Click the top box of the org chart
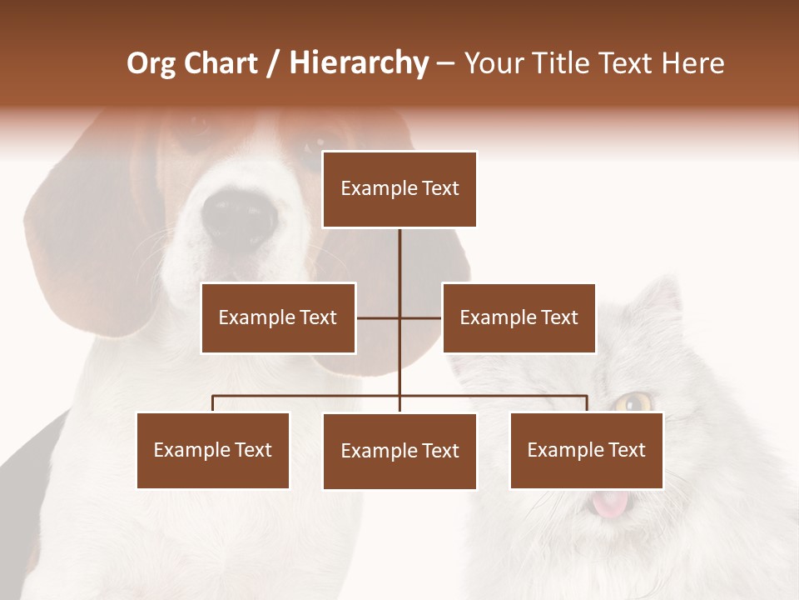tap(399, 189)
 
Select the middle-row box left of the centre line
tap(278, 317)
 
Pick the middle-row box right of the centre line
tap(519, 317)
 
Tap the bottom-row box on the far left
tap(213, 450)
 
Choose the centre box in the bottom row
tap(399, 451)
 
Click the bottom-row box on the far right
tap(586, 450)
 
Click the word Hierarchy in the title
tap(359, 63)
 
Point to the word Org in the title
tap(151, 63)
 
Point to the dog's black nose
tap(240, 218)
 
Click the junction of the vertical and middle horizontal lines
tap(399, 317)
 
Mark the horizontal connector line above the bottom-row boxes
tap(308, 396)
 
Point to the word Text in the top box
tap(439, 189)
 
